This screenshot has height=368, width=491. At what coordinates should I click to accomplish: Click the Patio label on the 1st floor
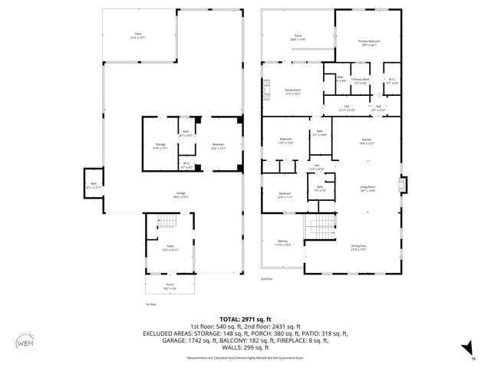[x=138, y=35]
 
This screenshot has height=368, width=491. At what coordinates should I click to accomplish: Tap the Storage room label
[x=160, y=146]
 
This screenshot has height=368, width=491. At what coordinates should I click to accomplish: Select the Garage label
[x=180, y=195]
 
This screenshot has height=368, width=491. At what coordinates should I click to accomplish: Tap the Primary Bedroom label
[x=368, y=43]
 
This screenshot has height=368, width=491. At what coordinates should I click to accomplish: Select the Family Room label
[x=292, y=92]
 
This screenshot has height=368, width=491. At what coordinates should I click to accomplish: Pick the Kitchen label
[x=367, y=141]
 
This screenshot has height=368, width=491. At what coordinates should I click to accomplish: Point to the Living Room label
[x=367, y=189]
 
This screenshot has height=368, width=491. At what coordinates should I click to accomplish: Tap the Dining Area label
[x=359, y=248]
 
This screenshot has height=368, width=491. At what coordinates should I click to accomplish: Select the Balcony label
[x=283, y=243]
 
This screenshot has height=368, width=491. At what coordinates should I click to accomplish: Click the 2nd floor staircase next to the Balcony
[x=318, y=227]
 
